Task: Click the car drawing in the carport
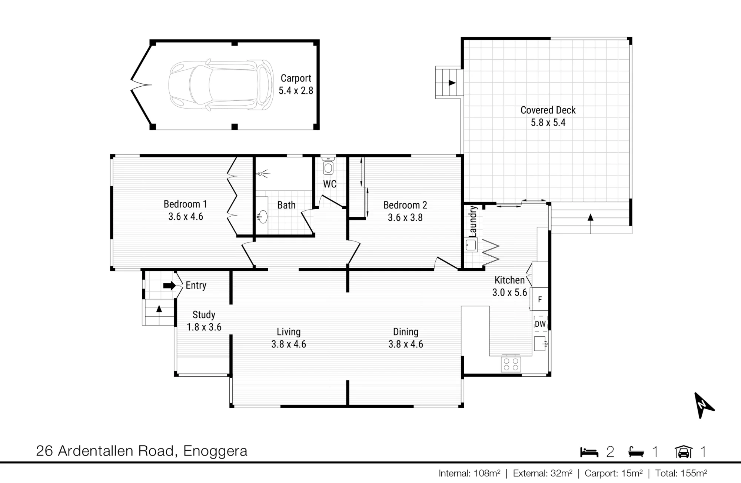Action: point(221,85)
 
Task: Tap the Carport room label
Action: point(296,78)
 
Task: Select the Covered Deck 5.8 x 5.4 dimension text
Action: point(548,123)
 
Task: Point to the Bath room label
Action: point(286,205)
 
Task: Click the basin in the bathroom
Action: point(263,217)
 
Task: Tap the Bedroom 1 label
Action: point(185,204)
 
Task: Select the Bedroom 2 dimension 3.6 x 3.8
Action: point(405,217)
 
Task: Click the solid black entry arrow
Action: point(169,286)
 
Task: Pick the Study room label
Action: point(204,315)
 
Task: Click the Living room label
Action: point(289,332)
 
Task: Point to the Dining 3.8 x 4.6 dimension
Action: point(406,344)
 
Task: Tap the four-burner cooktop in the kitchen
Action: point(511,364)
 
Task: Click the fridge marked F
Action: point(540,299)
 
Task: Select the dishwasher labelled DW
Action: point(540,324)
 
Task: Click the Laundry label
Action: point(472,221)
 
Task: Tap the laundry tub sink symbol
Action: point(471,245)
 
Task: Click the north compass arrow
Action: point(703,405)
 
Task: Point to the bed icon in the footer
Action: point(589,452)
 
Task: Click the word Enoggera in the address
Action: point(215,451)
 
